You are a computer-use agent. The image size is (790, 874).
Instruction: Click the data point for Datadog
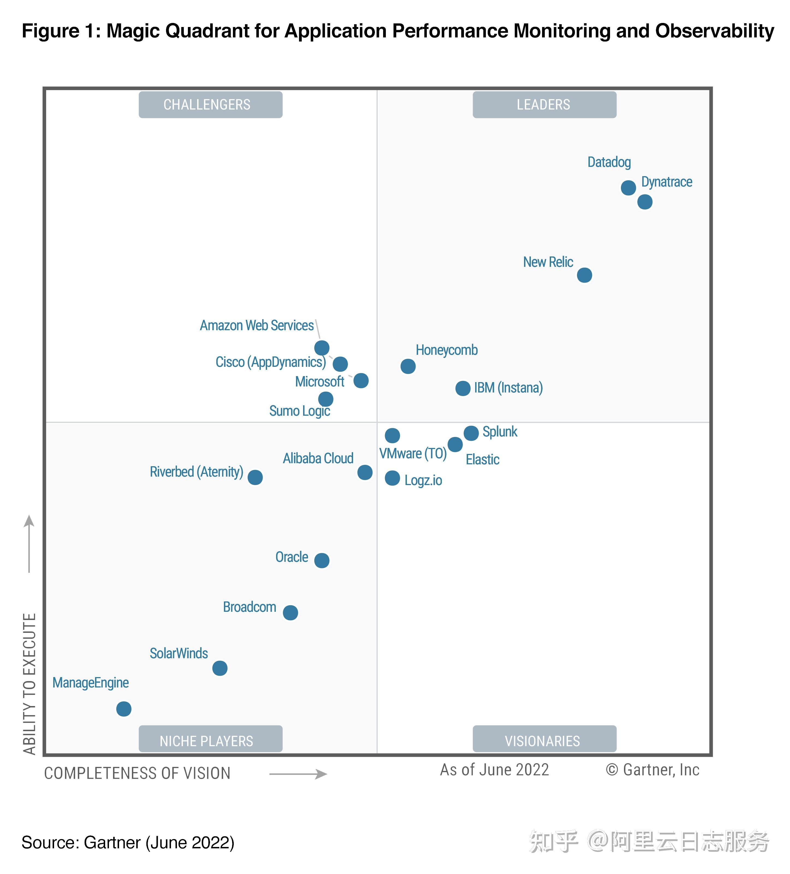(628, 188)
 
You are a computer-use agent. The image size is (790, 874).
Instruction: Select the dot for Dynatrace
(644, 202)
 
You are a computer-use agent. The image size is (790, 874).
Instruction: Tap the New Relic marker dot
(584, 275)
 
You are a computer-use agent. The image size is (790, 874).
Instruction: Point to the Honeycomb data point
(408, 366)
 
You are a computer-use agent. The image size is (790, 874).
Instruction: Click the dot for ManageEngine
(123, 709)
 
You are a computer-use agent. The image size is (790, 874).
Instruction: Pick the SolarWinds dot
(220, 668)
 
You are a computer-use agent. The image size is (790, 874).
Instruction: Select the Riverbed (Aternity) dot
(255, 477)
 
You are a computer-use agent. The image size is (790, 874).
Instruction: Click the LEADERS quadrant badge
(544, 105)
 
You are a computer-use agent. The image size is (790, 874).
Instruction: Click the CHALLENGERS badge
(210, 105)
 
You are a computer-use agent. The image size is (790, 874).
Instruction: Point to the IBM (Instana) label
(508, 388)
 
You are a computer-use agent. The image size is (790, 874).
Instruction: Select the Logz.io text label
(423, 480)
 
